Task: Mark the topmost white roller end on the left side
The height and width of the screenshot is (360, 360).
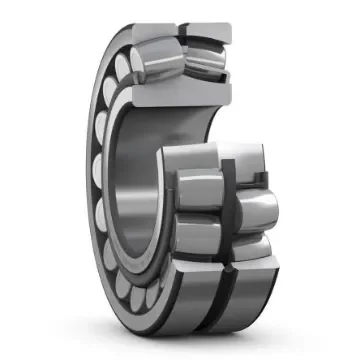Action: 125,66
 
